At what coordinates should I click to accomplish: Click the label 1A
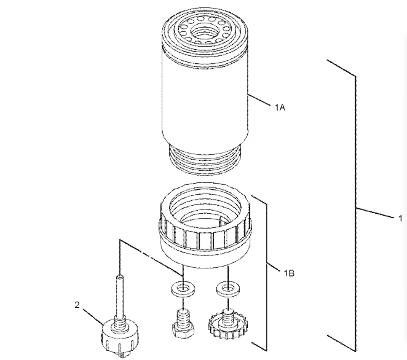point(280,108)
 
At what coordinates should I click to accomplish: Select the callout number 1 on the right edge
point(400,217)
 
